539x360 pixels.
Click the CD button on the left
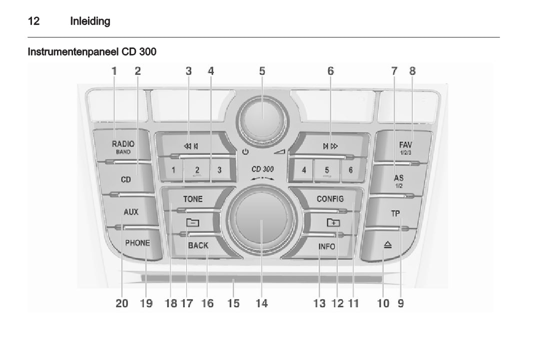click(x=126, y=179)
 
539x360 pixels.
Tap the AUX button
click(x=131, y=211)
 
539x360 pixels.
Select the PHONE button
click(x=137, y=243)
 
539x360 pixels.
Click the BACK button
click(x=198, y=245)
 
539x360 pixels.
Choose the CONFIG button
click(x=330, y=198)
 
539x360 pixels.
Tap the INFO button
click(x=326, y=246)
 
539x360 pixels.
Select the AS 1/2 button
click(x=399, y=181)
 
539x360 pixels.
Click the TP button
click(x=395, y=213)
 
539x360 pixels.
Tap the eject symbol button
click(x=388, y=245)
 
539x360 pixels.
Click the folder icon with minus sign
click(x=192, y=222)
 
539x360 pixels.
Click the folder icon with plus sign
click(x=333, y=222)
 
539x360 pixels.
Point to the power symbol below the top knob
click(x=245, y=151)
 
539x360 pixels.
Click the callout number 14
click(x=261, y=303)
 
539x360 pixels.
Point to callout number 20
click(x=121, y=303)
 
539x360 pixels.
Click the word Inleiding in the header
click(x=90, y=21)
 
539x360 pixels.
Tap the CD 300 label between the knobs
click(x=262, y=169)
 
